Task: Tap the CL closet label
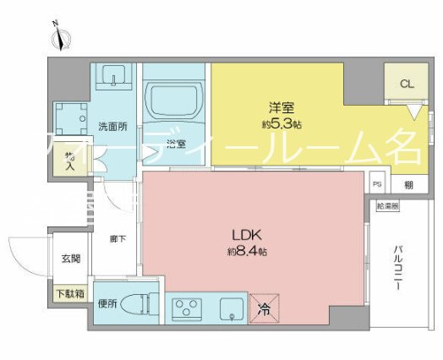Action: click(406, 84)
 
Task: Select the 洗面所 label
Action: click(112, 128)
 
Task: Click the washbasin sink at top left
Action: click(109, 78)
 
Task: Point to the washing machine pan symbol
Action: click(71, 120)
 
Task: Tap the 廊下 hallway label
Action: click(118, 240)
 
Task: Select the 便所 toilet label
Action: click(106, 303)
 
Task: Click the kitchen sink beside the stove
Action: click(229, 310)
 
